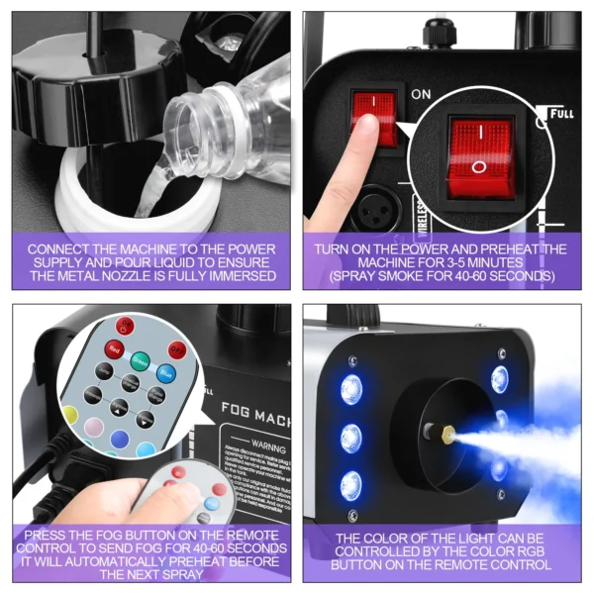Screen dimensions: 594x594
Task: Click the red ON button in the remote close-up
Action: coord(125,327)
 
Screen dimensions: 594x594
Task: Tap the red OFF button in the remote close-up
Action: coord(177,348)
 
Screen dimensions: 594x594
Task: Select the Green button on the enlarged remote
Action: coord(141,360)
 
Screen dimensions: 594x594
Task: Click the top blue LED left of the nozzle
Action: coord(351,389)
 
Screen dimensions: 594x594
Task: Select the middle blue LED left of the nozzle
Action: coord(350,437)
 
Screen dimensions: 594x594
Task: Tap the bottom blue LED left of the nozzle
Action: coord(350,484)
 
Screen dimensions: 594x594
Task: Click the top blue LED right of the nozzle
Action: coord(499,379)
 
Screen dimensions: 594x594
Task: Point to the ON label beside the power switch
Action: coord(421,94)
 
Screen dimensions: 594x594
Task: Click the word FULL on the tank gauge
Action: coord(561,114)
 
